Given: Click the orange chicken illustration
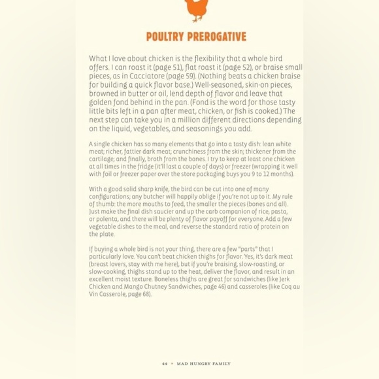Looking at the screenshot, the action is (x=195, y=10).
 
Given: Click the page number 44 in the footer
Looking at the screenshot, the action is (x=164, y=364).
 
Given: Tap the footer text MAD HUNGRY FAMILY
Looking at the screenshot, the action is (x=203, y=364).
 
